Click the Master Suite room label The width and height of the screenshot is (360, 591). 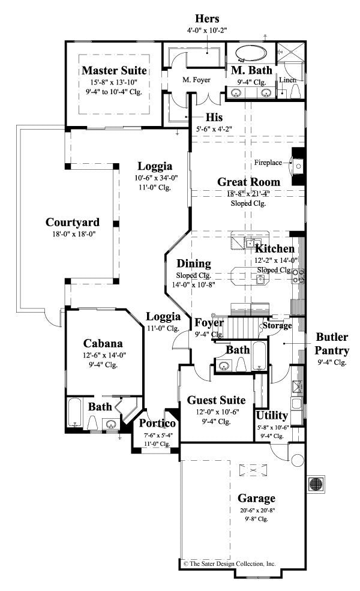point(114,71)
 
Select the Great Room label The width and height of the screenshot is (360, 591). point(248,182)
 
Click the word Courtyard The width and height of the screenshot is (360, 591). point(73,223)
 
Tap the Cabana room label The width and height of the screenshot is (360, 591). point(103,344)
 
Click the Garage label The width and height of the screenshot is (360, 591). point(256,498)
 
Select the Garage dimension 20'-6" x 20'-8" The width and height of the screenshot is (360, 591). point(256,510)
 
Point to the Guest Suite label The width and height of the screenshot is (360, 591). point(216,400)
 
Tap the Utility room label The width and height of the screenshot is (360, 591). point(272,415)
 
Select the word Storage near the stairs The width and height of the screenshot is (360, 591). point(276,325)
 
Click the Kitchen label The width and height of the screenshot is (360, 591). point(275,248)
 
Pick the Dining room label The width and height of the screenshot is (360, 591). point(193,263)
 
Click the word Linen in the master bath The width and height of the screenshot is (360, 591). point(287,80)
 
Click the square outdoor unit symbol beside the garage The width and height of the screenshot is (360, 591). point(317,484)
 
